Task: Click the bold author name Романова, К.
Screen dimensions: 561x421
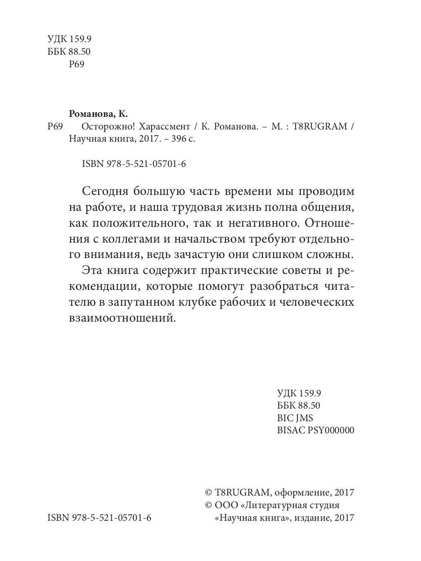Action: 98,114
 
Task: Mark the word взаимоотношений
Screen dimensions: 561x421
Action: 119,319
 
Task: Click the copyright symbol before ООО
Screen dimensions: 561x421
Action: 209,505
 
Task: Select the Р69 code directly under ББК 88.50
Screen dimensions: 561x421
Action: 76,65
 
